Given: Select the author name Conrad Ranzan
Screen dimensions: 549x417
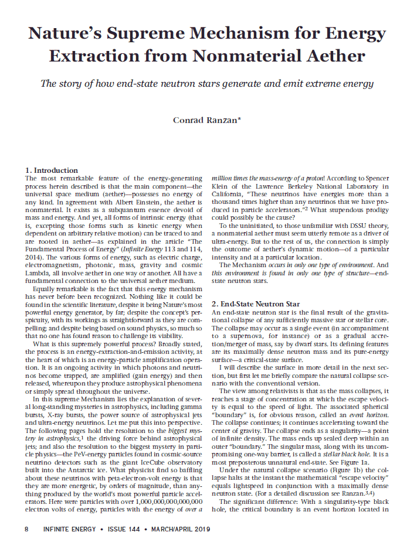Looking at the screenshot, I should pyautogui.click(x=208, y=121).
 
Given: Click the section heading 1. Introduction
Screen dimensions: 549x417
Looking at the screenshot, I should pyautogui.click(x=52, y=171).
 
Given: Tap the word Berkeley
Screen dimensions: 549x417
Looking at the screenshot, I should pyautogui.click(x=305, y=191).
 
